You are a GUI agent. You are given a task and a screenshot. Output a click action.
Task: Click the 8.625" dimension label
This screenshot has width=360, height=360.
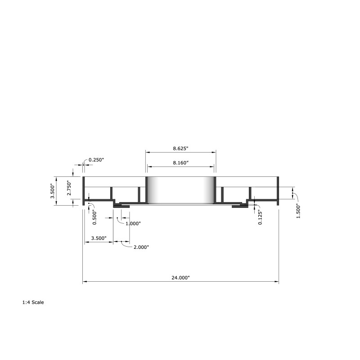(180, 148)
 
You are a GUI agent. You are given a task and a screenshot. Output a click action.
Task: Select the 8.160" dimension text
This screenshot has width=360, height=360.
(181, 163)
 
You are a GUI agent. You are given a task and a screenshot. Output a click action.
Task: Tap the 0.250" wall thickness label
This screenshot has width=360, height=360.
(96, 160)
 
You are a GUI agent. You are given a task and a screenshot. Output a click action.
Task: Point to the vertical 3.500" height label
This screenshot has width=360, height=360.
(53, 191)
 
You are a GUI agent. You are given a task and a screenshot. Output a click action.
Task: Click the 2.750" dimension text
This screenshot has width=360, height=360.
(69, 188)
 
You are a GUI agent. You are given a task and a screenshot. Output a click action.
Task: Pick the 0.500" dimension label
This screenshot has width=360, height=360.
(94, 217)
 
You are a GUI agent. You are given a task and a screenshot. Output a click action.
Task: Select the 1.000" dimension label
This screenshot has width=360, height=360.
(133, 223)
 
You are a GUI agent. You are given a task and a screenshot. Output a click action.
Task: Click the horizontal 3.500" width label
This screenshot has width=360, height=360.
(99, 238)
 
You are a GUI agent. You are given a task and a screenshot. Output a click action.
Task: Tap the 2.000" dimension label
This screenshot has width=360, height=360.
(141, 247)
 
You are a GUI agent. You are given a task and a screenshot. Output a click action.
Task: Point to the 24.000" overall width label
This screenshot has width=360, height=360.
(181, 278)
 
